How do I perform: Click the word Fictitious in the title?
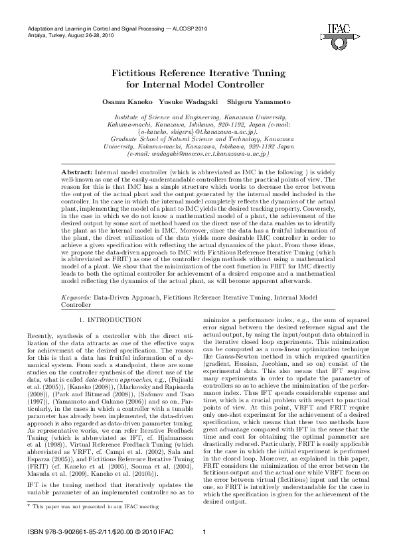pos(141,72)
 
